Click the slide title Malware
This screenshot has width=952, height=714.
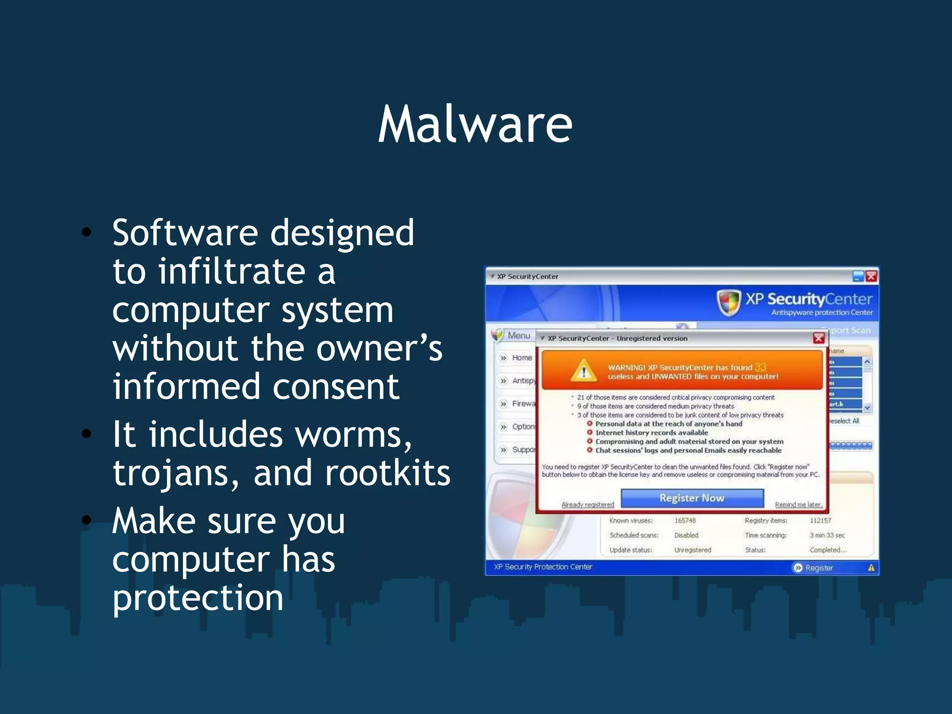pos(475,125)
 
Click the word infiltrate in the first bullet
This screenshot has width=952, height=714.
pos(231,271)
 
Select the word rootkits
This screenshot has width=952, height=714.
pos(387,473)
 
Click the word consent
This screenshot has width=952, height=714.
pos(336,387)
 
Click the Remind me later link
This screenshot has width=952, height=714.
pos(798,504)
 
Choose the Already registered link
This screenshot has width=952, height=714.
pos(588,504)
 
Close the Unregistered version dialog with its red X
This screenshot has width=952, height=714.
pos(819,338)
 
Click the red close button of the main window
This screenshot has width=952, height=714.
pos(871,277)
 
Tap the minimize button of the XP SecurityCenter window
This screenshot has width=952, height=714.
pos(858,277)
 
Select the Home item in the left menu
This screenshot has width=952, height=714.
pos(522,357)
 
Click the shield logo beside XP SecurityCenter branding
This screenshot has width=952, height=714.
pos(728,302)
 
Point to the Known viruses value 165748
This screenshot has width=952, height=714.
pos(685,521)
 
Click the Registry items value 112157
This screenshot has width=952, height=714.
pos(820,521)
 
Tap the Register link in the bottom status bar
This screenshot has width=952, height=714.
pos(819,568)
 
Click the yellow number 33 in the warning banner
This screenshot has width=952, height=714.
pos(760,367)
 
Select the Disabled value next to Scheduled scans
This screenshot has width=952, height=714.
pos(686,535)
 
